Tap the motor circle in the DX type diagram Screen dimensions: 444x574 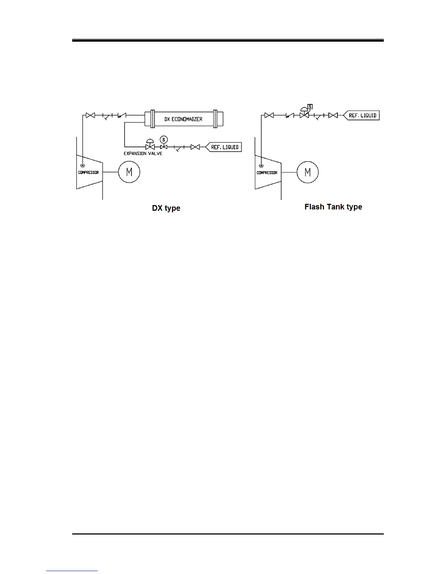click(x=129, y=172)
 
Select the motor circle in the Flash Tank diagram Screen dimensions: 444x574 click(x=308, y=172)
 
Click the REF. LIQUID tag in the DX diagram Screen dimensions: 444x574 click(x=224, y=147)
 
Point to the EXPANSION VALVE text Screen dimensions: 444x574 click(x=143, y=154)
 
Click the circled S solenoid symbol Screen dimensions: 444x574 click(x=164, y=140)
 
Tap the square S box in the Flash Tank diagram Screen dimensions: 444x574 click(x=310, y=107)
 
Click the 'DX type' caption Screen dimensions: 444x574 click(x=166, y=208)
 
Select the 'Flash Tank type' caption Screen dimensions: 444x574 click(x=333, y=207)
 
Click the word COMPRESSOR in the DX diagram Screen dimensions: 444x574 click(x=89, y=172)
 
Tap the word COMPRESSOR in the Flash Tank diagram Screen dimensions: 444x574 click(x=267, y=173)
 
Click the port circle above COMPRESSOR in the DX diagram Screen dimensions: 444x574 click(x=83, y=165)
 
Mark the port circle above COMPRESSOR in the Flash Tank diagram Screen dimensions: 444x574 click(x=261, y=166)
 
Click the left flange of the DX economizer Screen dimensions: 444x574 click(x=152, y=119)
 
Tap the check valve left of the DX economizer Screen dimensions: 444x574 click(x=122, y=116)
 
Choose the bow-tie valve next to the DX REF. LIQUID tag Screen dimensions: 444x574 click(x=195, y=147)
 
